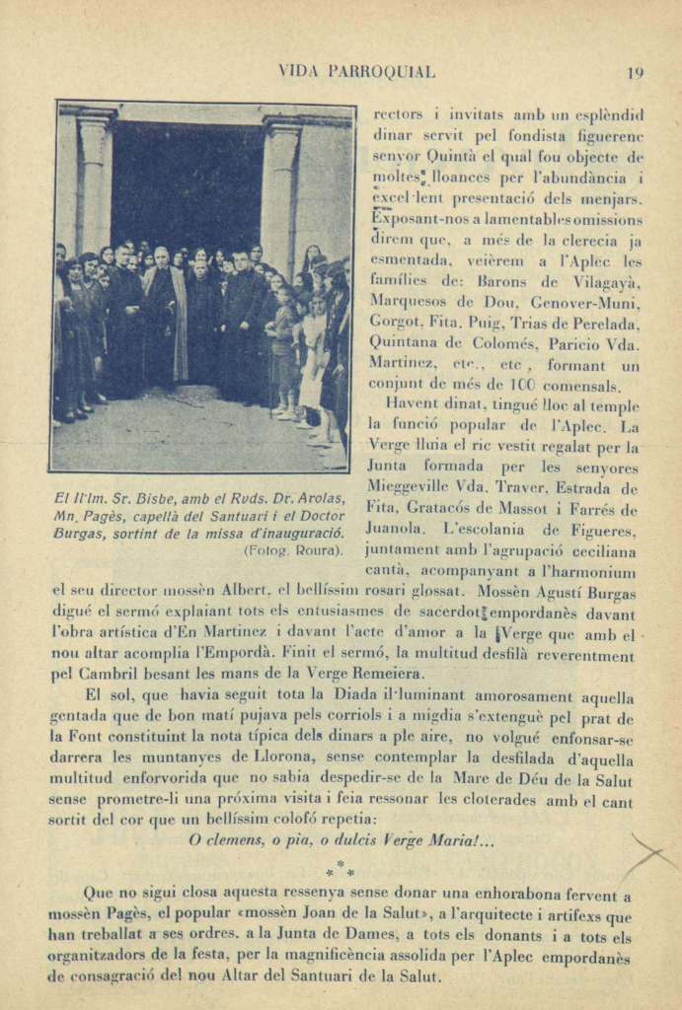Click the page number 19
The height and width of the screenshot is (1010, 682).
pos(636,72)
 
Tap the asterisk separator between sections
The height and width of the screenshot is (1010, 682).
pos(341,868)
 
